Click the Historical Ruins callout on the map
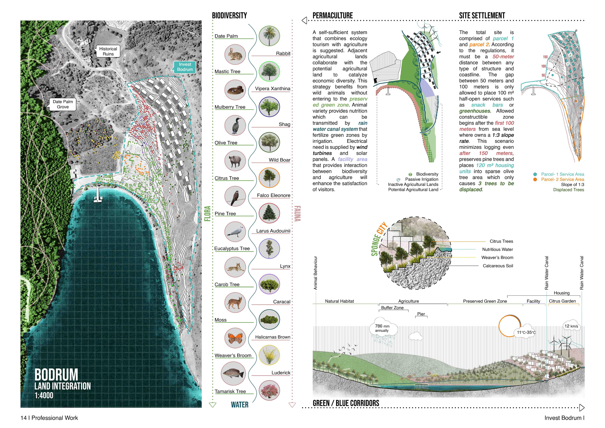[108, 51]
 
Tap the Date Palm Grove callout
[63, 104]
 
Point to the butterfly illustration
[235, 338]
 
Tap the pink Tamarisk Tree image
[269, 391]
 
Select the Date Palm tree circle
[269, 36]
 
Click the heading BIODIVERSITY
[229, 16]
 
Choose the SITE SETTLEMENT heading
[482, 16]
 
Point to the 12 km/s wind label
[571, 326]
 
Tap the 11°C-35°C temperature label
[526, 332]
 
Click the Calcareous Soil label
[498, 266]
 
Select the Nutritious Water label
[498, 249]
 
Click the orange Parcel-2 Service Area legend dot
[535, 179]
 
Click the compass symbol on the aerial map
[188, 31]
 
